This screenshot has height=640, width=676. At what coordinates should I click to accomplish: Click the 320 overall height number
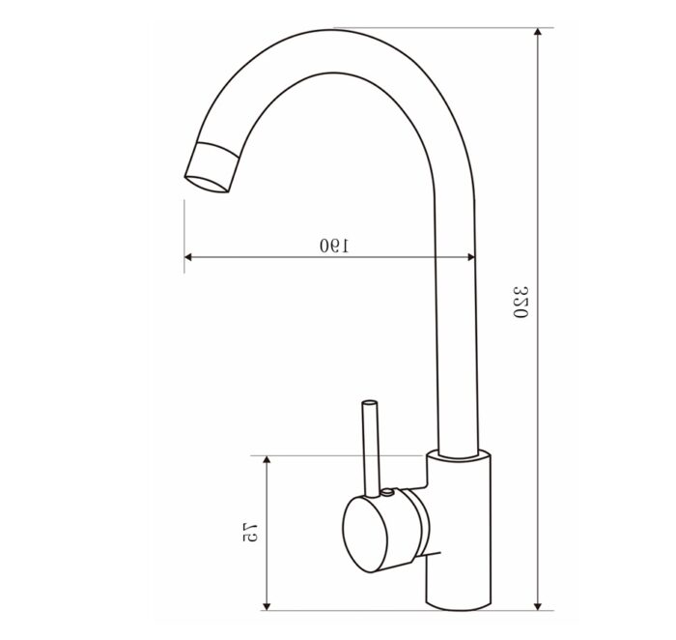click(521, 305)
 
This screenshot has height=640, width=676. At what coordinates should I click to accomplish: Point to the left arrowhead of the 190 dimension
click(189, 257)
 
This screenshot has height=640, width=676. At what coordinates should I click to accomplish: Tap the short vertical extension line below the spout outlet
click(183, 232)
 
